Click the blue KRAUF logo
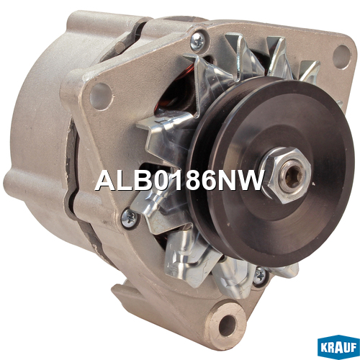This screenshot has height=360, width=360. pyautogui.click(x=338, y=346)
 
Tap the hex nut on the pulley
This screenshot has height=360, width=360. pyautogui.click(x=287, y=175)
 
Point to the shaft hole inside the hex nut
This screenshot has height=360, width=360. pyautogui.click(x=292, y=176)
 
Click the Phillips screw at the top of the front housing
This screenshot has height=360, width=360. pyautogui.click(x=197, y=41)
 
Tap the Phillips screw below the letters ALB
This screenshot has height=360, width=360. pyautogui.click(x=130, y=218)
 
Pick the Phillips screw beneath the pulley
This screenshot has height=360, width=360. pyautogui.click(x=260, y=276)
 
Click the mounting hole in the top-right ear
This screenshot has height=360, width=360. pyautogui.click(x=341, y=54)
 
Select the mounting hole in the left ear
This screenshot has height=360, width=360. pyautogui.click(x=101, y=96)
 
